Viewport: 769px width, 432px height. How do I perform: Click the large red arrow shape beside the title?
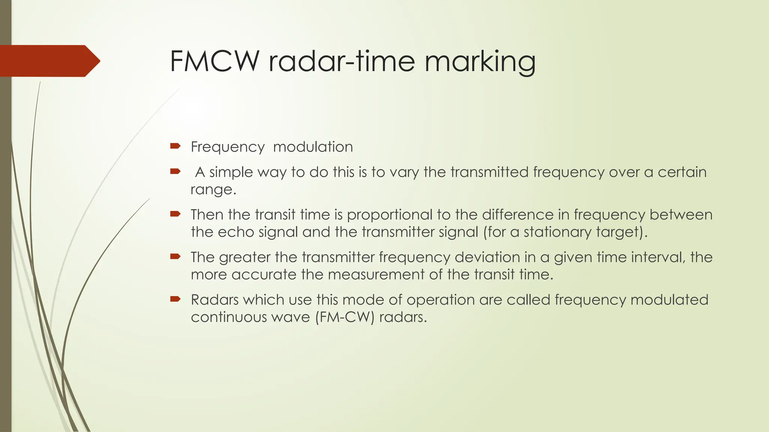click(49, 61)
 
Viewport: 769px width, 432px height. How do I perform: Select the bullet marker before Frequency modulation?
click(175, 146)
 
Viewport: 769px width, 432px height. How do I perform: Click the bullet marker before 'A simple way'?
click(175, 172)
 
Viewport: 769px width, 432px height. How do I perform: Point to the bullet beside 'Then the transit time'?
click(175, 214)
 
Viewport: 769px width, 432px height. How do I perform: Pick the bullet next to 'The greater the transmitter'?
click(175, 257)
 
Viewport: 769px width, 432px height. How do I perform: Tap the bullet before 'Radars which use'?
click(175, 299)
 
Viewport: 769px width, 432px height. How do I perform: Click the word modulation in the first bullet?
click(313, 147)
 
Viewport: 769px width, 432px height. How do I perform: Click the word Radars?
click(214, 300)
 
